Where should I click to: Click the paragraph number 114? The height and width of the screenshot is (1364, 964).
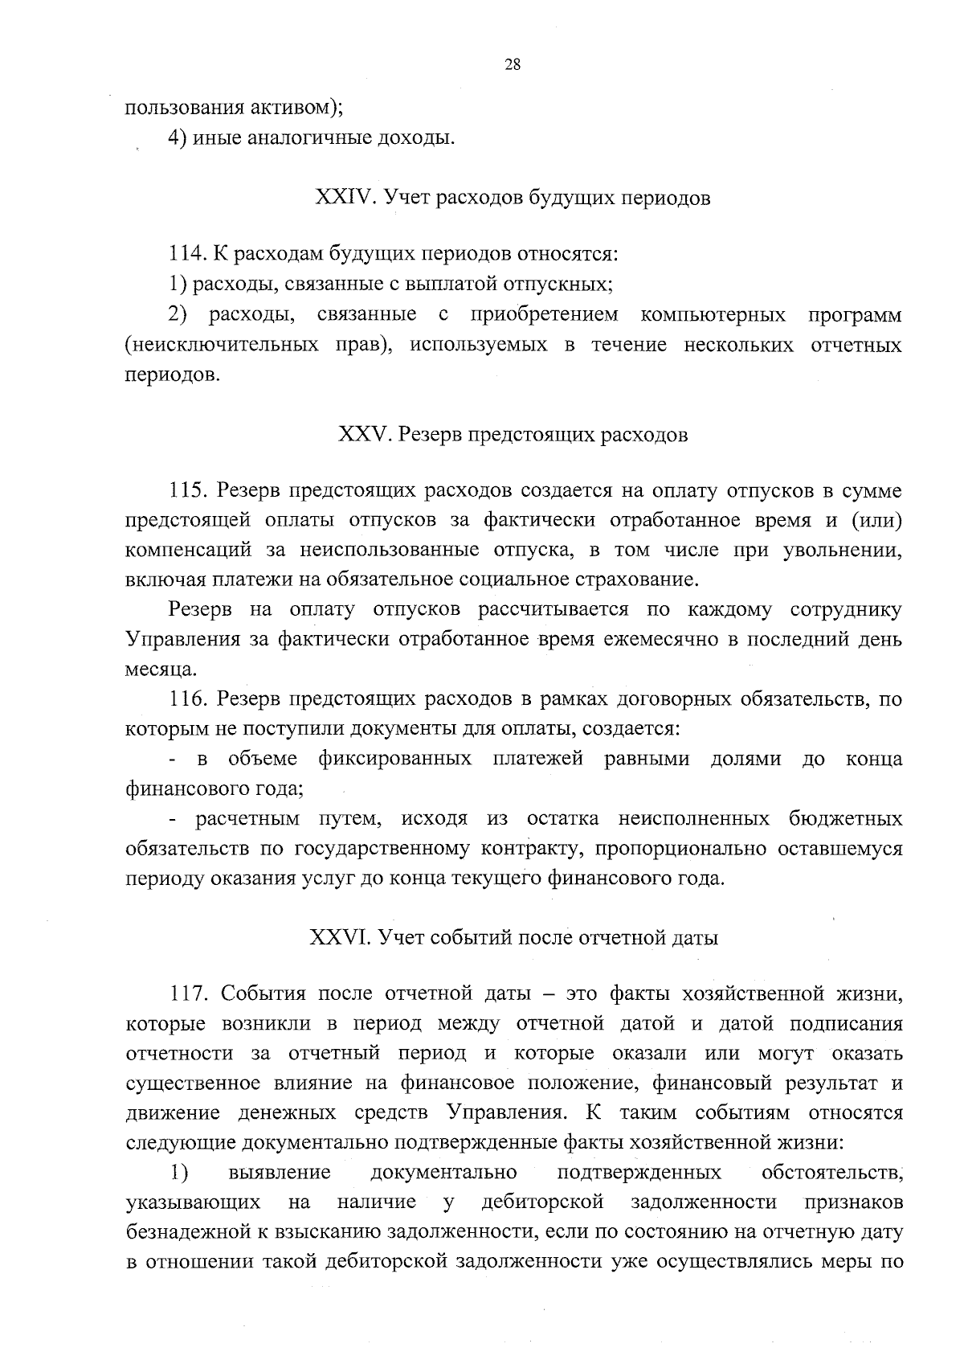[188, 255]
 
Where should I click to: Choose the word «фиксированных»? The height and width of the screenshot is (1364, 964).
[394, 760]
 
